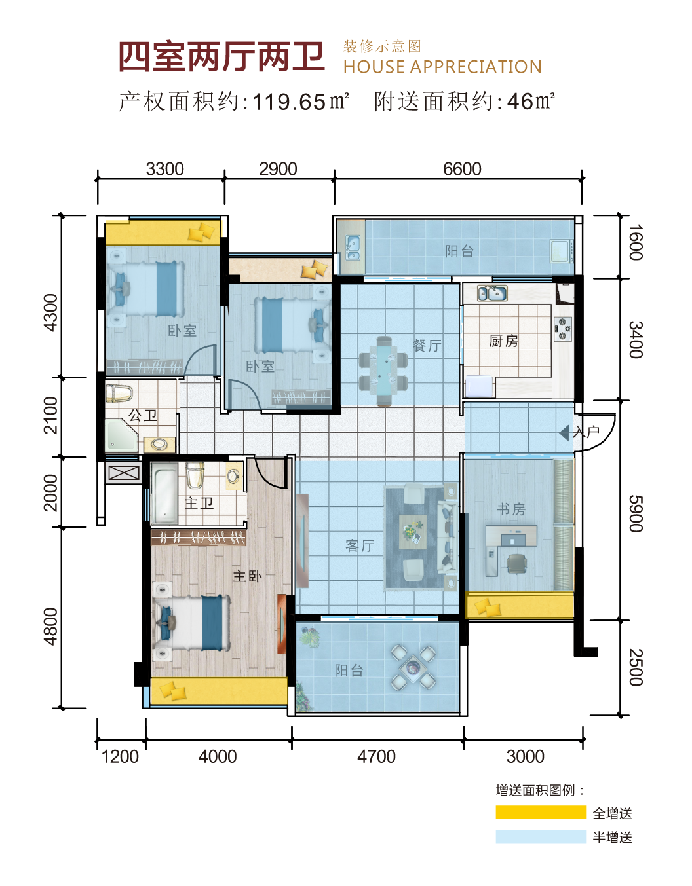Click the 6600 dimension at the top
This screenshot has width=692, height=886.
point(462,169)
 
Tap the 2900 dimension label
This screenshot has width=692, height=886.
point(278,169)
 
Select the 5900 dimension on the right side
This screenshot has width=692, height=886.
point(636,514)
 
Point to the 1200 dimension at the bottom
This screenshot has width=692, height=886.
point(120,756)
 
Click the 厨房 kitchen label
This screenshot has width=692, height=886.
point(504,341)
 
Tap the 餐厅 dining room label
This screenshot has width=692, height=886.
point(427,346)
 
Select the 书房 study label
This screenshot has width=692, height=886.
point(511,509)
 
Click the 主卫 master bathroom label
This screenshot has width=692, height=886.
point(199,503)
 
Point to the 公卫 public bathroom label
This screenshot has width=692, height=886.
point(143,415)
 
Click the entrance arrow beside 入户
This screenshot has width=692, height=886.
point(564,433)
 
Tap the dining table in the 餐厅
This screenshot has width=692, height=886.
point(383,371)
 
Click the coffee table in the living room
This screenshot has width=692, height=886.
point(413,531)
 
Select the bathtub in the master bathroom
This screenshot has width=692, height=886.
point(165,493)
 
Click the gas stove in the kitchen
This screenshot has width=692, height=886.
point(563,329)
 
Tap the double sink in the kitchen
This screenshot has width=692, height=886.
point(492,293)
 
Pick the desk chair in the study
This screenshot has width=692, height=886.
point(516,564)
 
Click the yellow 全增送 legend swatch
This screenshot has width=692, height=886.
point(541,813)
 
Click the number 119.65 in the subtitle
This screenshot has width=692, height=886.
point(289,102)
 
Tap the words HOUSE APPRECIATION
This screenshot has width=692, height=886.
point(443,67)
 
